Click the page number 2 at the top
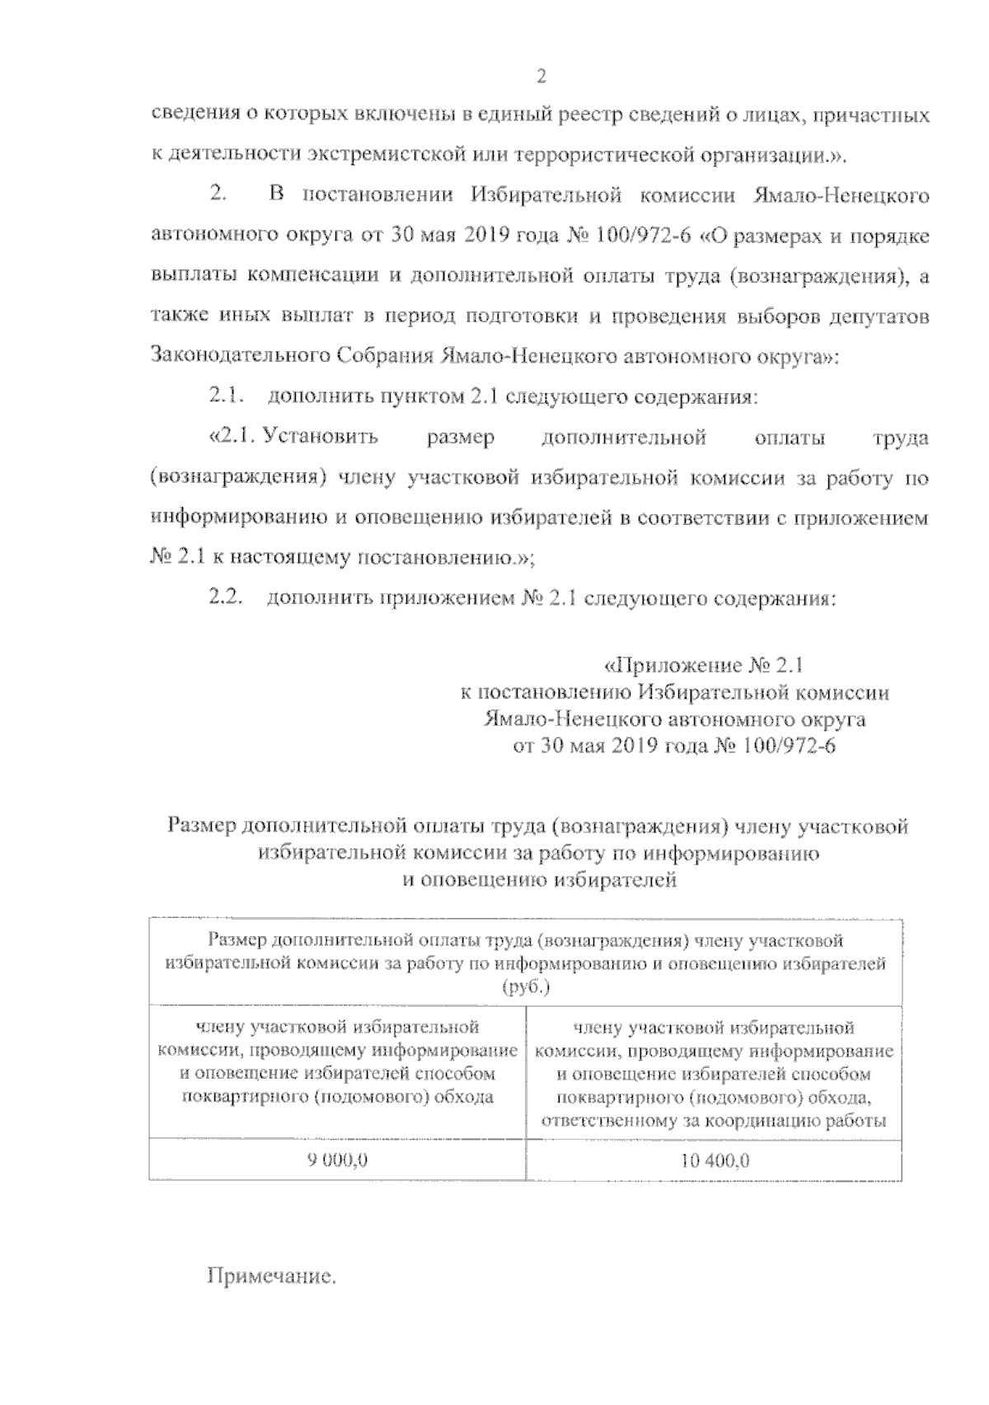[541, 77]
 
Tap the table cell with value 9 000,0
[337, 1160]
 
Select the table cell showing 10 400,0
[715, 1161]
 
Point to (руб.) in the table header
[525, 986]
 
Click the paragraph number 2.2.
[223, 598]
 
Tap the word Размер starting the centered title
[199, 826]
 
